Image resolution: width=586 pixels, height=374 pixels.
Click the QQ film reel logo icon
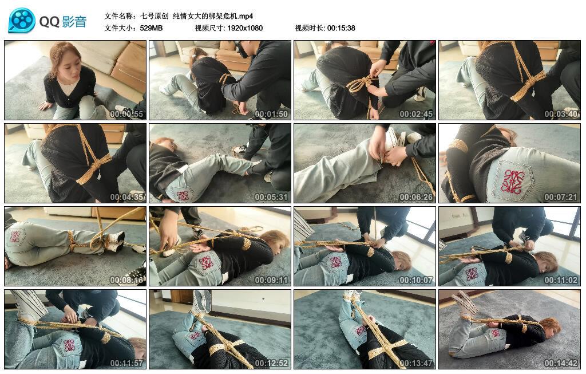22,21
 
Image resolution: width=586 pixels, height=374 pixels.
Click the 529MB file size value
151,28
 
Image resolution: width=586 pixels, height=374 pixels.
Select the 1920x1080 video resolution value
245,28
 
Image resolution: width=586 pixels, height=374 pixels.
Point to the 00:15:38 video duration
341,28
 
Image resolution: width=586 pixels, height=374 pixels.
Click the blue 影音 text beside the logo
74,21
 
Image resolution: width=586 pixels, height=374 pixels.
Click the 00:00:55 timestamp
126,114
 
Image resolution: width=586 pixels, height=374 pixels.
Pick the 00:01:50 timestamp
271,114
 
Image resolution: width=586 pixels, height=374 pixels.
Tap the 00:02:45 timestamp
416,114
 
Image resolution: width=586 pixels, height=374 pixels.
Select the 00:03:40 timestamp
561,114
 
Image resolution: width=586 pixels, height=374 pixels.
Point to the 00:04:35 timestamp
126,196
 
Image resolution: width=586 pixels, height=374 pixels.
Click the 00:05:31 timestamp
271,196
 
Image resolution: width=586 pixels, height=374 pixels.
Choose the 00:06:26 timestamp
416,196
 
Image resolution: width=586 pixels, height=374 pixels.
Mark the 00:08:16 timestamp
126,279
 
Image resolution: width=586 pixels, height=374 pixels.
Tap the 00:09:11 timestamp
271,279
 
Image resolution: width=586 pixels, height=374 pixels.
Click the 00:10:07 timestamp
416,279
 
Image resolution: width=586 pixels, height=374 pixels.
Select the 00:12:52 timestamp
271,363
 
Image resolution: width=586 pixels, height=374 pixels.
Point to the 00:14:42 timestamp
561,363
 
